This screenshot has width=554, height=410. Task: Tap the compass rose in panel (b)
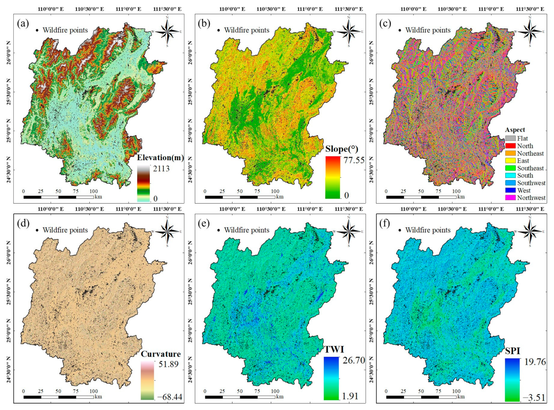point(348,31)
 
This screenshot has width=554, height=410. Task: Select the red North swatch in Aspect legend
point(510,146)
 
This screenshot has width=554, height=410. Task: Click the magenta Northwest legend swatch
point(510,198)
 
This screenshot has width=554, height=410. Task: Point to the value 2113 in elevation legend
point(161,168)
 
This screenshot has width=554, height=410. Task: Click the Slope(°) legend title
point(342,149)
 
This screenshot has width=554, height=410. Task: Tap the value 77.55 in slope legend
point(354,160)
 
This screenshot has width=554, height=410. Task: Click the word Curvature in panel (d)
point(161,354)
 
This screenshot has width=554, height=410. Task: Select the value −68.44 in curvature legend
point(170,397)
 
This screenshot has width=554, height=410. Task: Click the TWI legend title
point(334,350)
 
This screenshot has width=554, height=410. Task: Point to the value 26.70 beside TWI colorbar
point(354,360)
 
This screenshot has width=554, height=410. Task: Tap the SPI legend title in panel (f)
point(512,351)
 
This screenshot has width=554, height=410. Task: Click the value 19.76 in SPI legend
point(535,362)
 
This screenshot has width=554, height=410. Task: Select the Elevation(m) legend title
point(160,158)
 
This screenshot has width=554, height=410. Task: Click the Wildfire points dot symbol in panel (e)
point(218,230)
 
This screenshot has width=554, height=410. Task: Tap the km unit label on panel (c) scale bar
point(461,197)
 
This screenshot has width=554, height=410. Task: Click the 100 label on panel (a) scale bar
point(93,191)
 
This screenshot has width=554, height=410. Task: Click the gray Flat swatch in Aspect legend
point(510,138)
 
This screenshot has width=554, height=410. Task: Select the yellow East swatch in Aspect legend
point(510,161)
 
